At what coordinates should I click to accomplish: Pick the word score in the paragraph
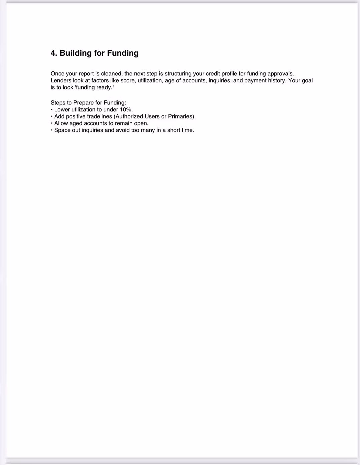128,80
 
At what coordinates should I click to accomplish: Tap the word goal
307,80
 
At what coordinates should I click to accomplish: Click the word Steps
58,103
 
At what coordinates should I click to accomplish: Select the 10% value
126,109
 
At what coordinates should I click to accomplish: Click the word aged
76,123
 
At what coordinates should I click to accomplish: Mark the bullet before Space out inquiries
52,130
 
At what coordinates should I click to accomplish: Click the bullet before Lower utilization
52,109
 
